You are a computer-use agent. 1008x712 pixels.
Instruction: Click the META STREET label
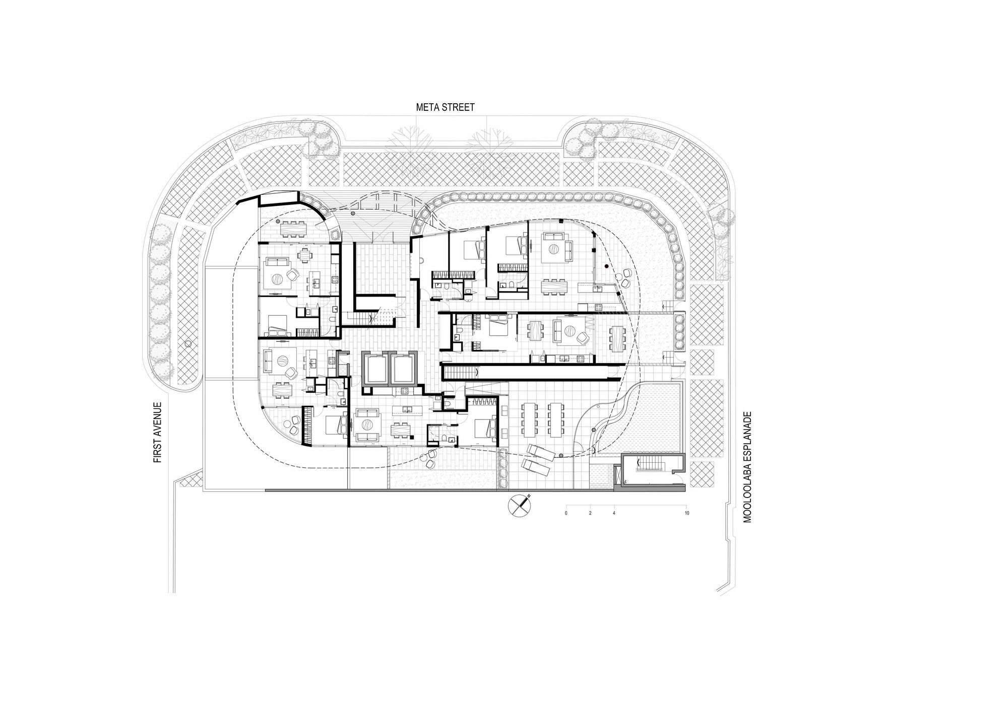[445, 107]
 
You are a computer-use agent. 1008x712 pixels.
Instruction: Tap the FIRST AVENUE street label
[158, 432]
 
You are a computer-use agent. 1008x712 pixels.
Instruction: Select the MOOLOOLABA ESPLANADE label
[747, 467]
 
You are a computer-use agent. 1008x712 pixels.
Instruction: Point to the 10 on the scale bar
[687, 513]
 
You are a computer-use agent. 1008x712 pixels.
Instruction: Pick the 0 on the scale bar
[566, 513]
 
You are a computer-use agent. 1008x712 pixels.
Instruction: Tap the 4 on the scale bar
[614, 513]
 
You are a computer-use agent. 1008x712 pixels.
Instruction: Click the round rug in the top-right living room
[553, 249]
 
